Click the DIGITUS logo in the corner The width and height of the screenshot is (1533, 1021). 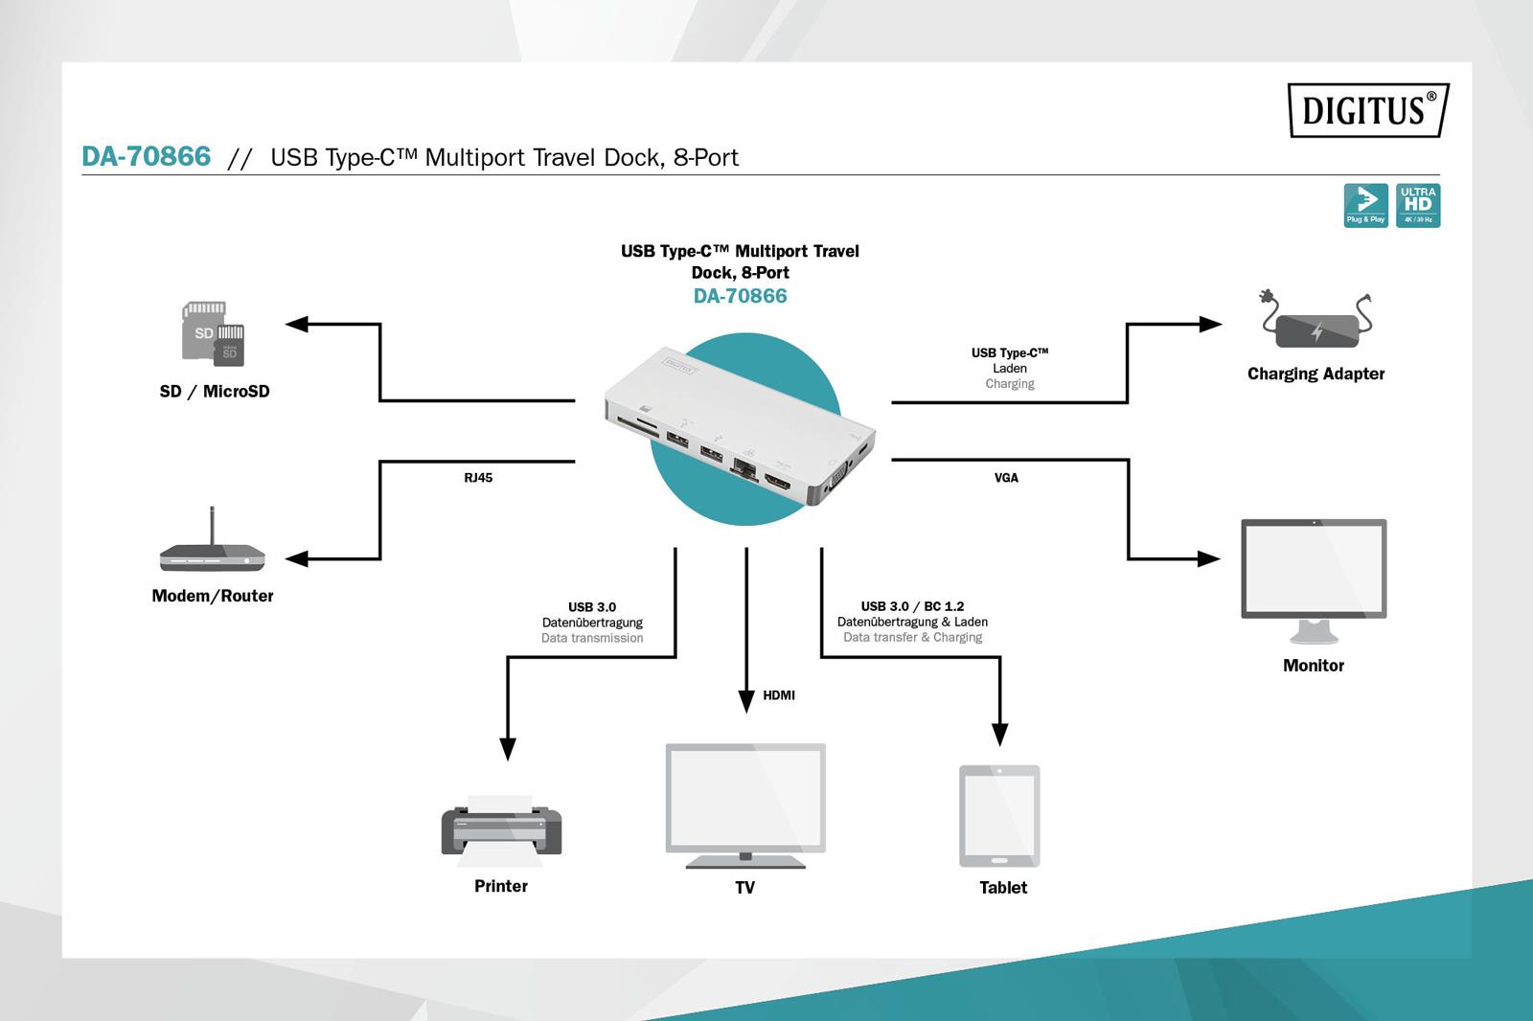pos(1367,110)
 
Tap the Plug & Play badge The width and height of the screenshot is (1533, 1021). pos(1365,205)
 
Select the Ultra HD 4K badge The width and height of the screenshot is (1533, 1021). pos(1418,205)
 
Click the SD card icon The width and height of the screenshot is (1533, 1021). pos(213,333)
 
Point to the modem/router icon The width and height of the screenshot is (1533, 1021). pos(212,551)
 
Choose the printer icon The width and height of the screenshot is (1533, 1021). pos(501,827)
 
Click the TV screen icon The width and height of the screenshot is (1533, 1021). pos(745,805)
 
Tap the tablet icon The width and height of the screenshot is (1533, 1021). pos(999,815)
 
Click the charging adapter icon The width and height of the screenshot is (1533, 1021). pos(1316,323)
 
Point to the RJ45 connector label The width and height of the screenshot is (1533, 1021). pos(478,478)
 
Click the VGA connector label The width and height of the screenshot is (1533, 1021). pos(1006,478)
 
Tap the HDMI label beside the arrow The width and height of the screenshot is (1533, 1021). pos(779,695)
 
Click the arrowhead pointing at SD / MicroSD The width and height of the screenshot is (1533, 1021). pos(297,325)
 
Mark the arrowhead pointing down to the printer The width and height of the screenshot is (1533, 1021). pos(508,748)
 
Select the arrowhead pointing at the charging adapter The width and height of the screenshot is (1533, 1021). pos(1210,324)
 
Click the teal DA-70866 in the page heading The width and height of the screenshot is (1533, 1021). pos(147,157)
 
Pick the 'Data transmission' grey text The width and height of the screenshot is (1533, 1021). pos(592,638)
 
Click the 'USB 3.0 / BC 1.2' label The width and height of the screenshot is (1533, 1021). pos(912,606)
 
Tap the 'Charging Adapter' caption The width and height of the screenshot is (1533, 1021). pos(1316,374)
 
